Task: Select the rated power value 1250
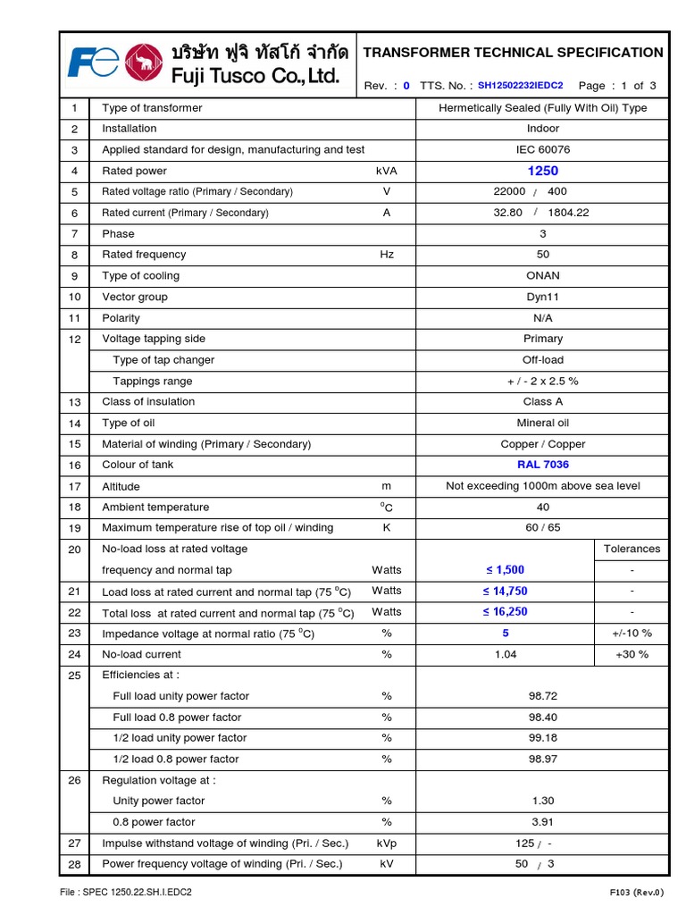543,171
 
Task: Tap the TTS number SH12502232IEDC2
520,86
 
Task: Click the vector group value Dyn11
543,297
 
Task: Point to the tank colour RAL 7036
543,465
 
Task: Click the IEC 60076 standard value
543,149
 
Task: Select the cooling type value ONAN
543,276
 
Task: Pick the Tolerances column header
632,549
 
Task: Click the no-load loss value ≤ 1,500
505,570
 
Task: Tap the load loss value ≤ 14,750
505,591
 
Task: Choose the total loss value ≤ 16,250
505,612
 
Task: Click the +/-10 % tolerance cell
632,634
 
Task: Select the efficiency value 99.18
543,738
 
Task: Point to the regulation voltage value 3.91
543,822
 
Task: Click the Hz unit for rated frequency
387,255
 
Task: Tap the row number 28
75,864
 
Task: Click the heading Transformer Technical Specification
513,53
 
